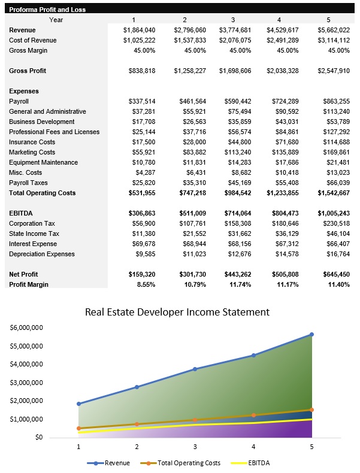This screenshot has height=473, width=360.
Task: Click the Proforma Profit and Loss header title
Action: coord(47,10)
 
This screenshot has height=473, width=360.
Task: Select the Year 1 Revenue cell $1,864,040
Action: coord(139,30)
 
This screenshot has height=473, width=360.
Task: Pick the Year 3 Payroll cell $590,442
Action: coord(240,101)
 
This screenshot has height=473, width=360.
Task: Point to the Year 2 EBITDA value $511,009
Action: coord(189,213)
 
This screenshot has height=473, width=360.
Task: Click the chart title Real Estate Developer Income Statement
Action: coord(177,312)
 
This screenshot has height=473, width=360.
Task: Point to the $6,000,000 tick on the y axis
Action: coord(26,328)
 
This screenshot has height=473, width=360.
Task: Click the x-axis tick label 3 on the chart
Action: coord(195,447)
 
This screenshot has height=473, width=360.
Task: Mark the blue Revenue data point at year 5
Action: coord(311,334)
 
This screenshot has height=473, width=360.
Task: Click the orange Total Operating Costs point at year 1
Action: coord(78,428)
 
